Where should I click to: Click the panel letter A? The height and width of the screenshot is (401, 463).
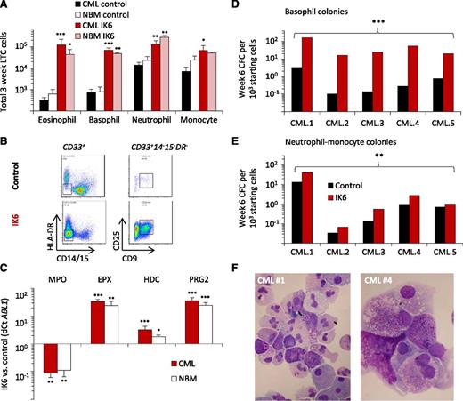(x=5, y=8)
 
